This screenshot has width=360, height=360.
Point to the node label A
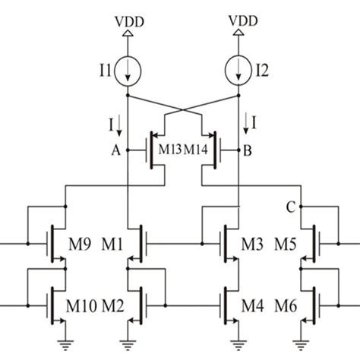115,150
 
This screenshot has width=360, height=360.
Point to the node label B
248,150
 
